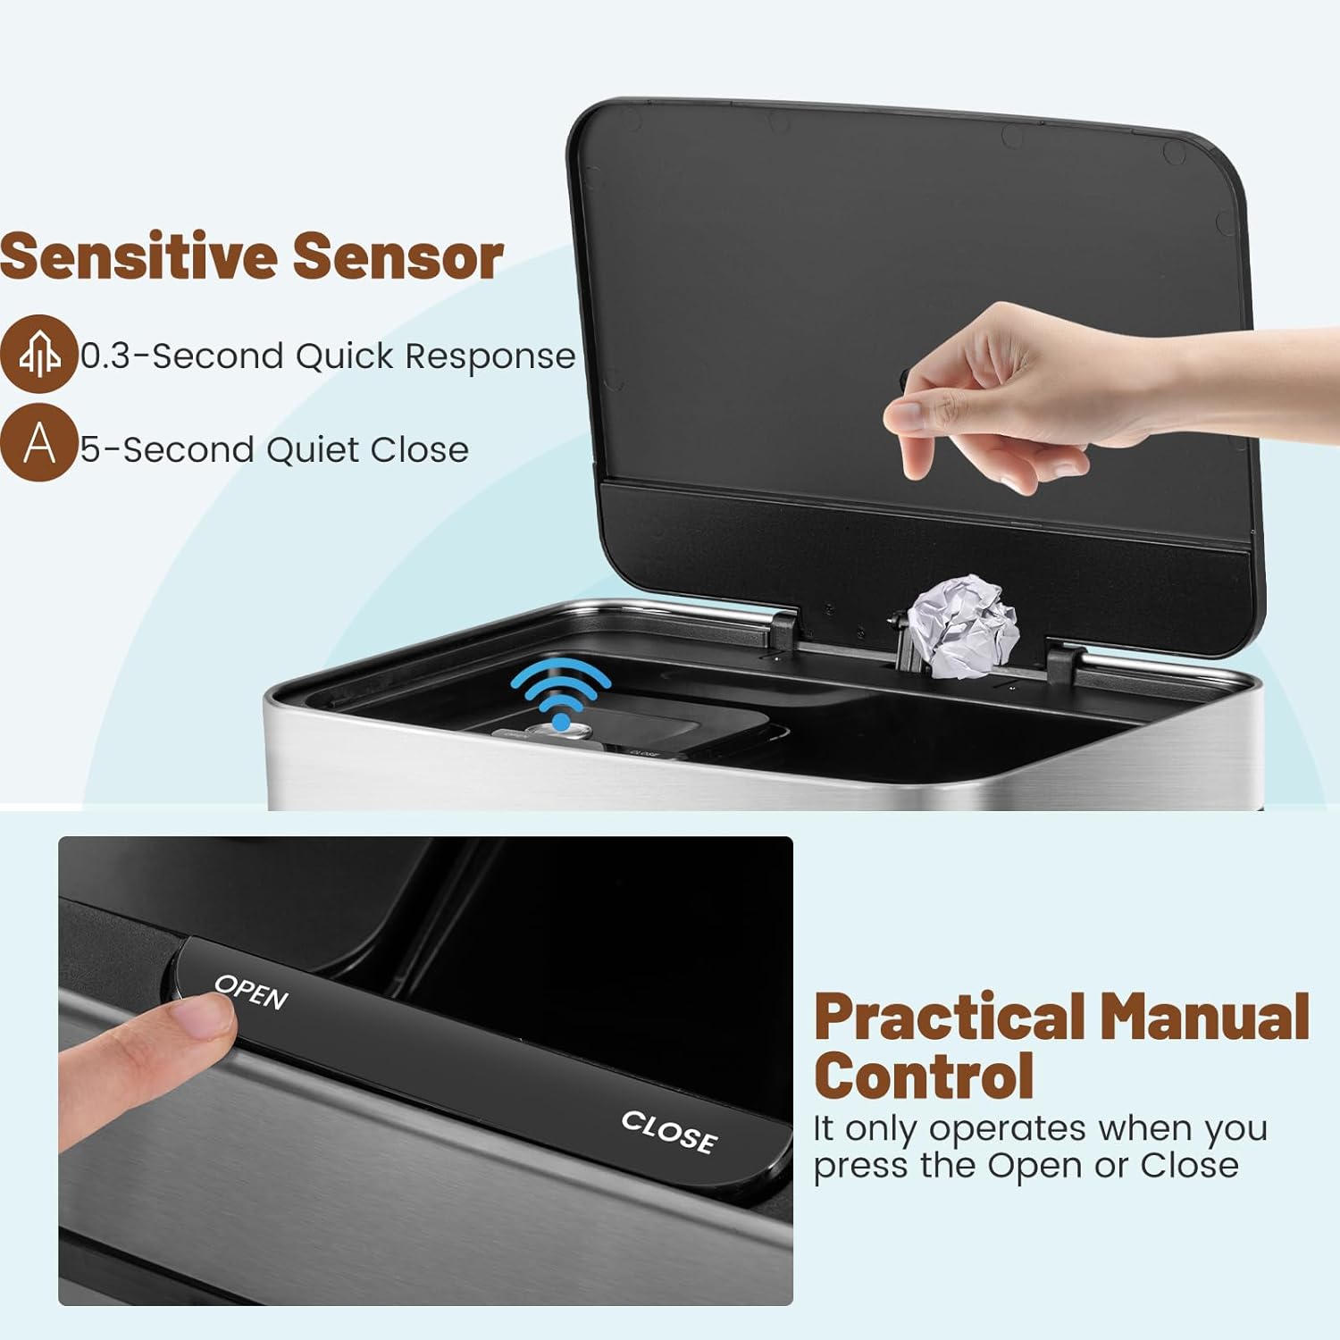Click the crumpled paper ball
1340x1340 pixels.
(x=963, y=626)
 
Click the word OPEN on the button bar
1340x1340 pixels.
(x=252, y=992)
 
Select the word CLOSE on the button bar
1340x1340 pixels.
(x=669, y=1132)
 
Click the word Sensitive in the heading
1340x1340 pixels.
(x=139, y=256)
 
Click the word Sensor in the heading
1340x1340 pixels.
(x=398, y=257)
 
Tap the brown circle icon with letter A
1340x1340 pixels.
(x=38, y=442)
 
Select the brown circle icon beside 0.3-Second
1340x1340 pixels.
(x=38, y=354)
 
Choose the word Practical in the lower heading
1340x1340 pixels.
(x=950, y=1018)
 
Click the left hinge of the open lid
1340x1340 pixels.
(x=781, y=630)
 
